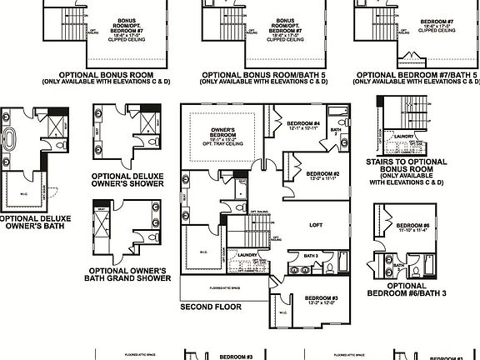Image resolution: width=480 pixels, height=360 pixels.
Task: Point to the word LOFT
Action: tap(316, 224)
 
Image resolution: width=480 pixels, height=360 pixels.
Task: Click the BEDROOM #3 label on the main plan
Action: tap(321, 298)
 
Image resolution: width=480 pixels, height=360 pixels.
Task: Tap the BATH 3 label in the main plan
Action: tap(311, 256)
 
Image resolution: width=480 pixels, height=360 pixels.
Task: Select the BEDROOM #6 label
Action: tap(413, 227)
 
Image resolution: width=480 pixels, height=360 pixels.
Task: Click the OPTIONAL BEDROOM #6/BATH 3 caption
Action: tap(412, 292)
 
